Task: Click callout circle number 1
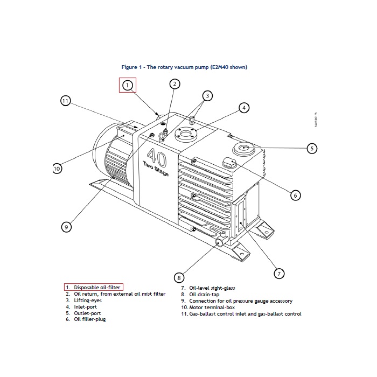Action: click(x=128, y=85)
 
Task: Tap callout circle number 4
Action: click(x=244, y=108)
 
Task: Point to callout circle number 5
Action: click(x=311, y=148)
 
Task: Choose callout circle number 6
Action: click(x=295, y=195)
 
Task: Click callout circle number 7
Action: click(x=279, y=274)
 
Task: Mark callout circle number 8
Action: click(x=179, y=278)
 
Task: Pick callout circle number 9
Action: click(x=66, y=227)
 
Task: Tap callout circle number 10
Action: click(x=57, y=169)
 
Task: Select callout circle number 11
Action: click(x=65, y=101)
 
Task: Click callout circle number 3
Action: click(x=207, y=95)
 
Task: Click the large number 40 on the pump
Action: click(x=157, y=156)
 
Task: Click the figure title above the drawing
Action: click(x=184, y=67)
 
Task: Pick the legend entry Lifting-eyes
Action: click(x=89, y=301)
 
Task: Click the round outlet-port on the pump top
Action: click(x=243, y=147)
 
